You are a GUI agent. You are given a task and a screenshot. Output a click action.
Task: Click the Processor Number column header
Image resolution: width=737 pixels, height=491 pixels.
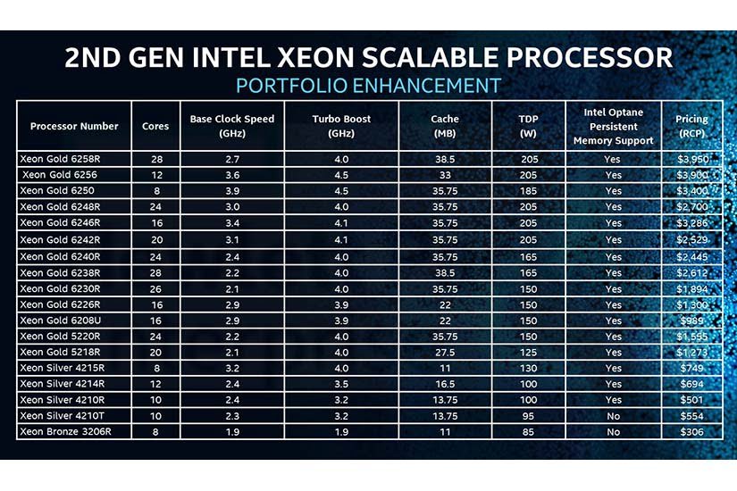tap(74, 126)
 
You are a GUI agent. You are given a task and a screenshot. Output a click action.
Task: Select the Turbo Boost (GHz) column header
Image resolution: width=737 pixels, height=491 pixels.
tap(341, 126)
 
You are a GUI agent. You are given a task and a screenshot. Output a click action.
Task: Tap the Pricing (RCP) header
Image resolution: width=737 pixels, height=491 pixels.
tap(691, 126)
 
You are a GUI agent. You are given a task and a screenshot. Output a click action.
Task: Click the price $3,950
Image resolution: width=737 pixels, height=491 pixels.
tap(691, 158)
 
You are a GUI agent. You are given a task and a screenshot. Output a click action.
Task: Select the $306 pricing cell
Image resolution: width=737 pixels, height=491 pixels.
tap(691, 432)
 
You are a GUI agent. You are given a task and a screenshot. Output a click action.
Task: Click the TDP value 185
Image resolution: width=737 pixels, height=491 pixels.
tap(528, 190)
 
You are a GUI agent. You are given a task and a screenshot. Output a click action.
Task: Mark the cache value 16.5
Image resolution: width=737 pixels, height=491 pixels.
tap(445, 384)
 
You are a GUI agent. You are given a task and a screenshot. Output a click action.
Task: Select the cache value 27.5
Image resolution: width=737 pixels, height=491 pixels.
tap(445, 352)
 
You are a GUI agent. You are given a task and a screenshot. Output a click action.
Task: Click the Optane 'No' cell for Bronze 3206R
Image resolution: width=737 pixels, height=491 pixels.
tap(613, 432)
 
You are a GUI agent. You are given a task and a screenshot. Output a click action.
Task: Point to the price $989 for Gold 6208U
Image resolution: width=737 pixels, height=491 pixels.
tap(691, 320)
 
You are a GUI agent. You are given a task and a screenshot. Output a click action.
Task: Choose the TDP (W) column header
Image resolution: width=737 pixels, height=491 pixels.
tap(528, 126)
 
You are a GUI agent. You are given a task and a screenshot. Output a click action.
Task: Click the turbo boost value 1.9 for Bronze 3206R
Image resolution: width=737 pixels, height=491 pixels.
tap(341, 432)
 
